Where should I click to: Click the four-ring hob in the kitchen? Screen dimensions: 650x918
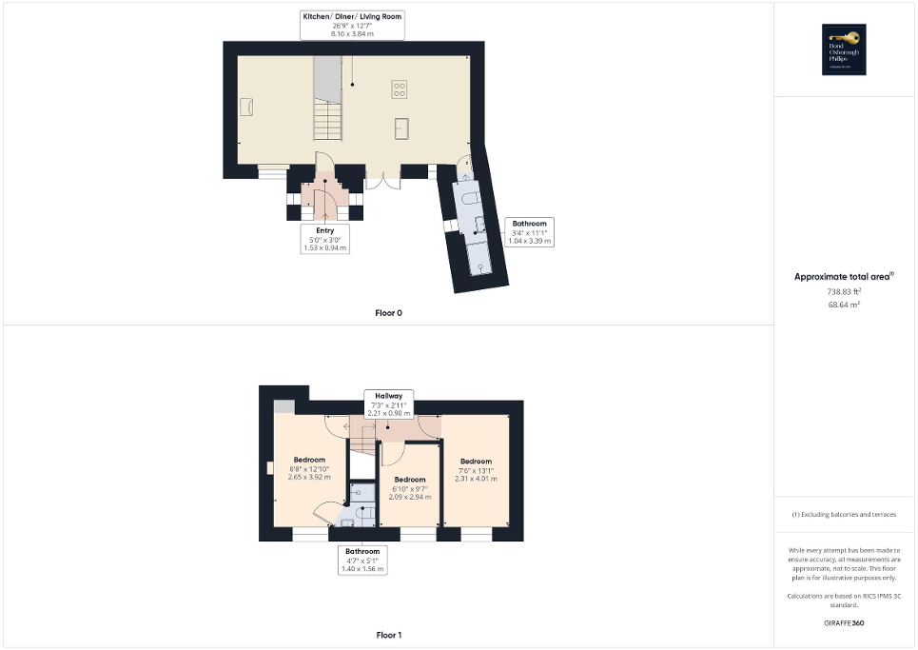(400, 90)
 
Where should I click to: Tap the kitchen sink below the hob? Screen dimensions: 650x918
(401, 128)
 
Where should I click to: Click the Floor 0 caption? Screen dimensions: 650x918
(388, 312)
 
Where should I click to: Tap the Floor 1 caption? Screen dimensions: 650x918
(388, 635)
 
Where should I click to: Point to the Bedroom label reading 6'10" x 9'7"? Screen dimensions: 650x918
(410, 487)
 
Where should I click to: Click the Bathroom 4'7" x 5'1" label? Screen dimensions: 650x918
(362, 560)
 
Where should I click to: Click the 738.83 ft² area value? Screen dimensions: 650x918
(844, 291)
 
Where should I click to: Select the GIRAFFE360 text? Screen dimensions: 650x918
(844, 623)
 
